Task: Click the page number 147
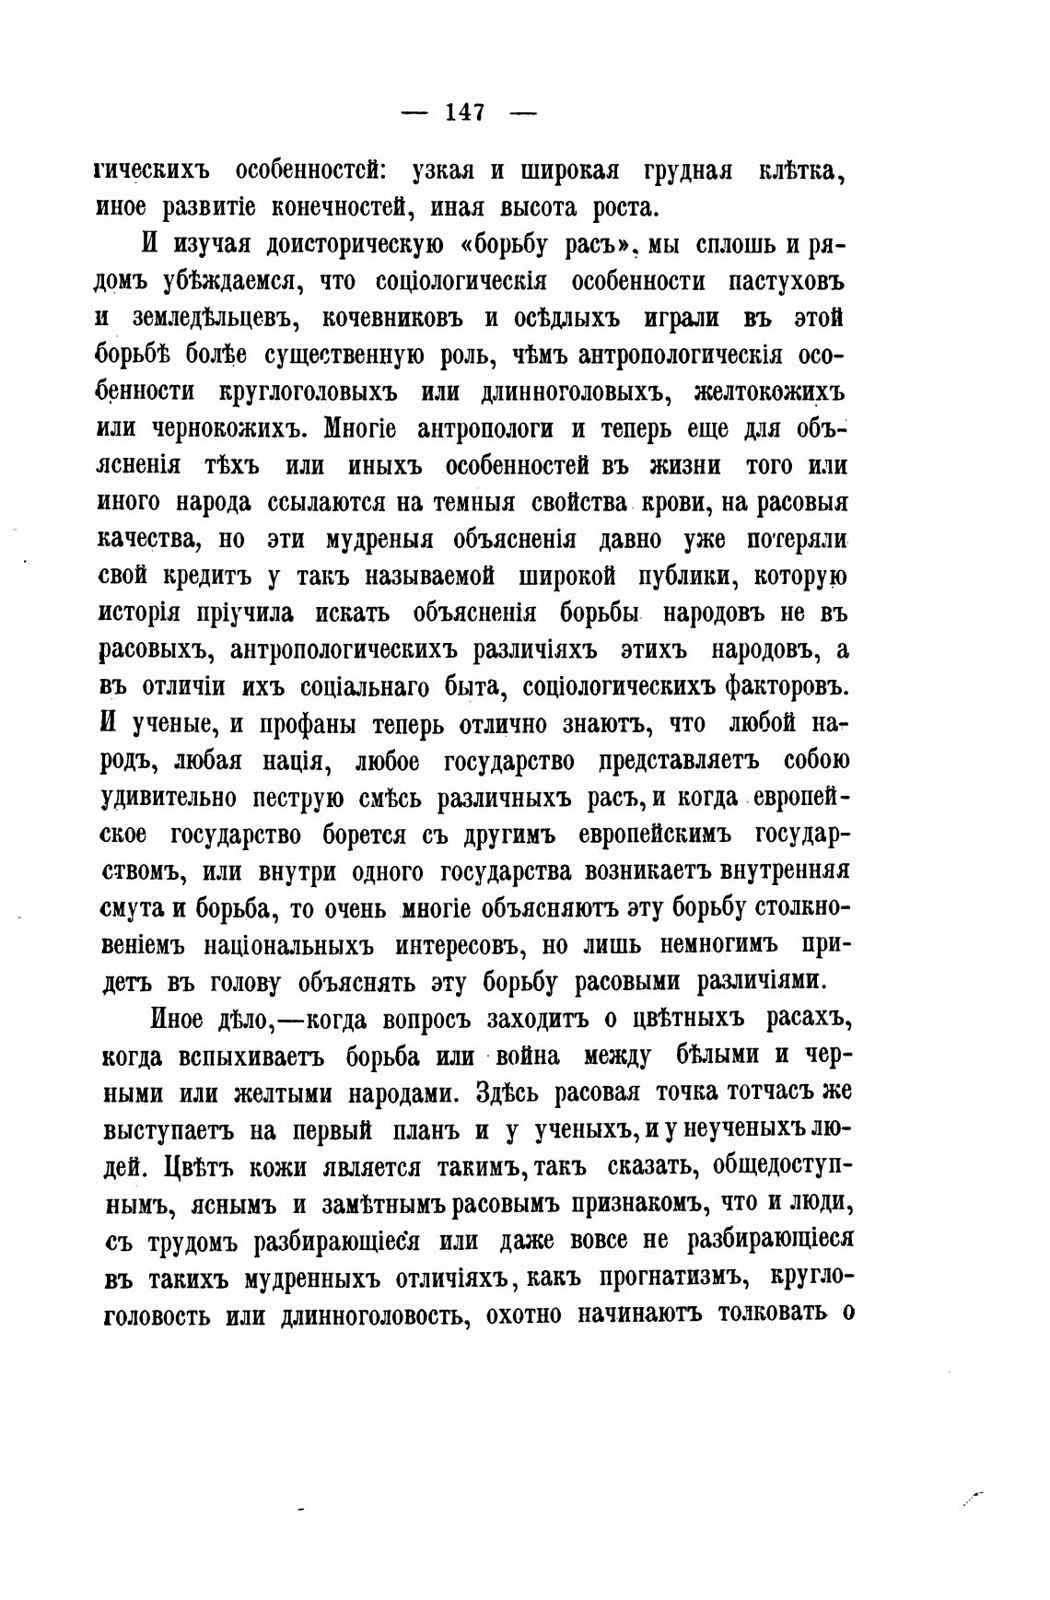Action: (465, 112)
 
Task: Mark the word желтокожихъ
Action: (768, 392)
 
